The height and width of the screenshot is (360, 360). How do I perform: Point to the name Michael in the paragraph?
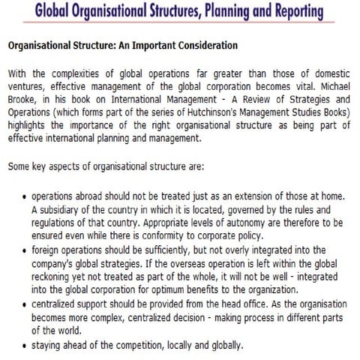331,86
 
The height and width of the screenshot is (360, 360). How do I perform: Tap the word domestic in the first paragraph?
330,73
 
